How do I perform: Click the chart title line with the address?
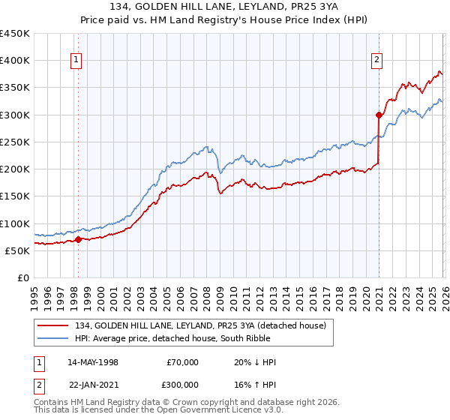click(224, 7)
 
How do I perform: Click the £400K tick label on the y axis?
click(15, 61)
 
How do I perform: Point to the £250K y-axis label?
click(15, 142)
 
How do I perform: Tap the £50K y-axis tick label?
click(18, 250)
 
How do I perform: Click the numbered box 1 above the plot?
click(76, 61)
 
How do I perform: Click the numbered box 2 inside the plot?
click(376, 61)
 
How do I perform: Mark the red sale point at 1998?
click(78, 240)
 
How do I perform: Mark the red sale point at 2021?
click(379, 115)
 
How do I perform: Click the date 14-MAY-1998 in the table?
click(93, 362)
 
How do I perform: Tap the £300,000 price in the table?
click(182, 384)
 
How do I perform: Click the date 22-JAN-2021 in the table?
click(93, 384)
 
